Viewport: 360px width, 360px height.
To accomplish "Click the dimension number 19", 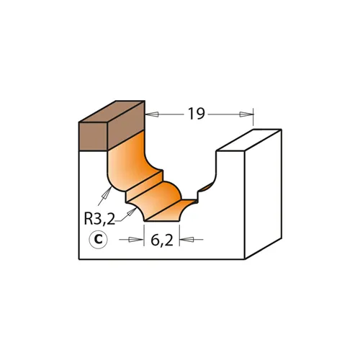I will [x=196, y=113].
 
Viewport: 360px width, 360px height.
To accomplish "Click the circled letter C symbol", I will [x=99, y=239].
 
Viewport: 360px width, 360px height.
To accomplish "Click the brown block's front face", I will [x=93, y=135].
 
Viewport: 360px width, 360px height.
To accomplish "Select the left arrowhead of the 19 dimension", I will [x=150, y=114].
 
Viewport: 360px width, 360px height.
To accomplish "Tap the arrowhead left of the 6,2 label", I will [x=140, y=239].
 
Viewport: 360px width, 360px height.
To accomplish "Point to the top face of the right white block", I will [x=248, y=140].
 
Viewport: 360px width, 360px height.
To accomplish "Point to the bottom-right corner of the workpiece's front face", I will [x=245, y=258].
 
